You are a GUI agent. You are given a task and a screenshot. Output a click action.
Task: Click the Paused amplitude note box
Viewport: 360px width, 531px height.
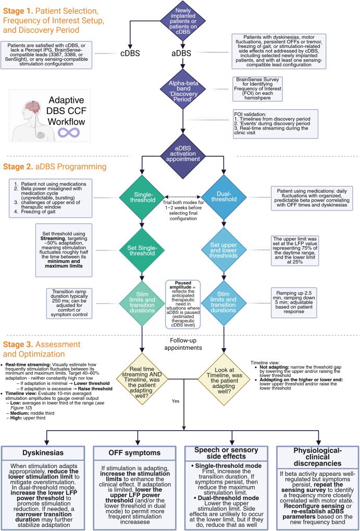(182, 305)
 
